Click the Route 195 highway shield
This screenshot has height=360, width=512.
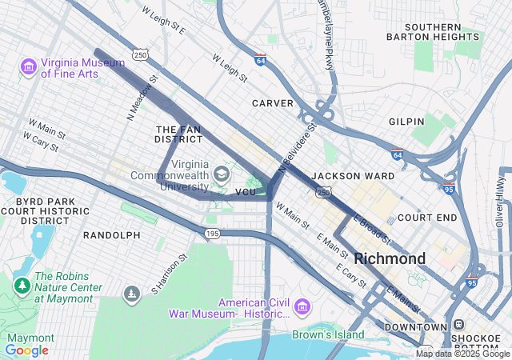coord(212,233)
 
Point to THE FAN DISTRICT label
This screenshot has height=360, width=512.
coord(178,134)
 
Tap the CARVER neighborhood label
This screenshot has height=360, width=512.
coord(273,103)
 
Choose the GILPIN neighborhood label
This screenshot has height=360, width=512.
coord(406,121)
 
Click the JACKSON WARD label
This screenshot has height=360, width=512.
coord(353,175)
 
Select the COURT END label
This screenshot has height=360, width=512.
coord(426,217)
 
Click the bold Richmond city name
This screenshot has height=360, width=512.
coord(390,258)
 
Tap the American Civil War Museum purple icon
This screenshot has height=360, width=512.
coord(302,306)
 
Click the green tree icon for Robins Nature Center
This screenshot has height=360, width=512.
coord(21,286)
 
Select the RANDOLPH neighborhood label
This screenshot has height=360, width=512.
coord(111,235)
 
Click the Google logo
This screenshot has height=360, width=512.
coord(26,350)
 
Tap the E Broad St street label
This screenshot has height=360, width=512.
coord(372,228)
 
